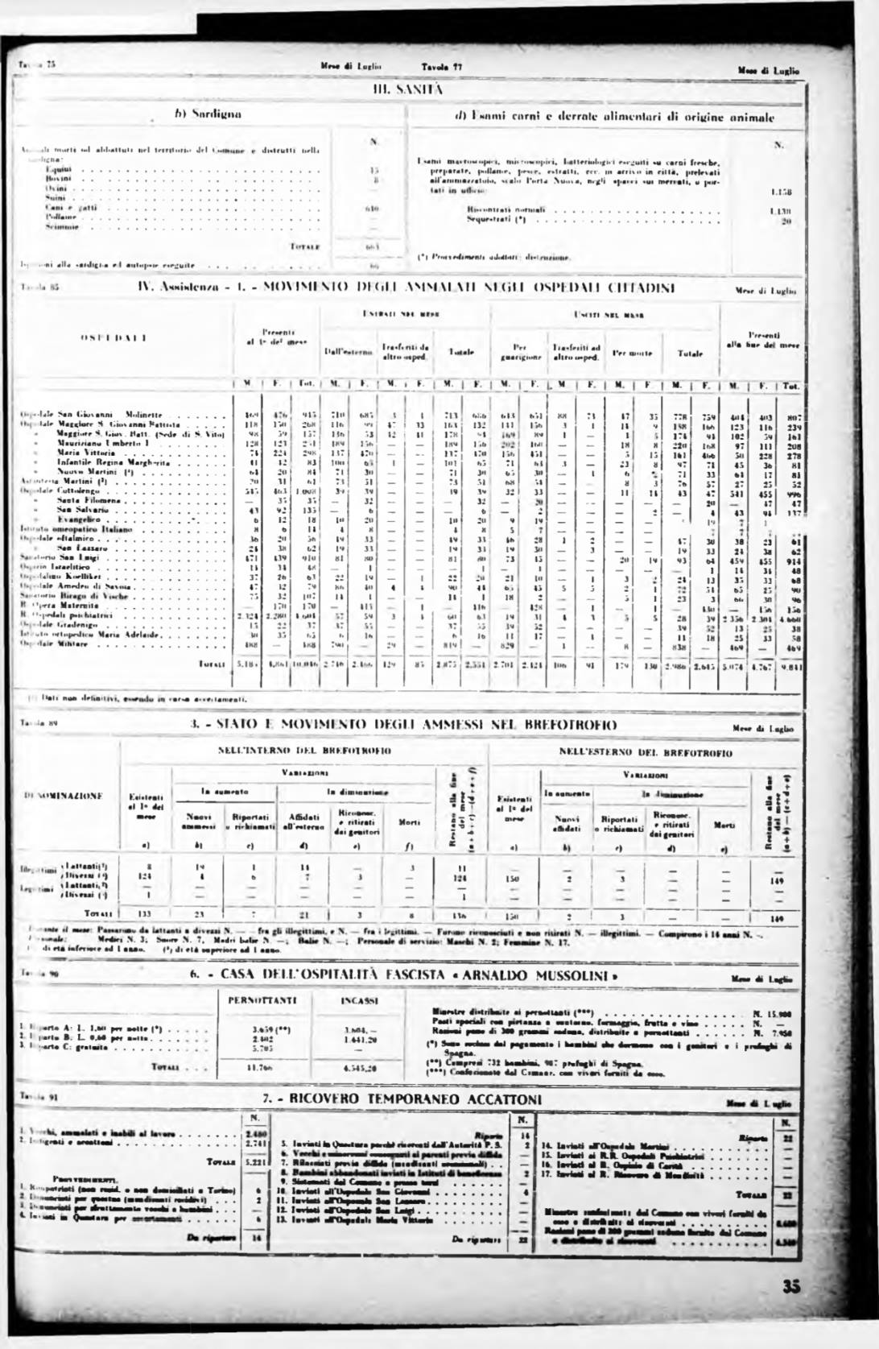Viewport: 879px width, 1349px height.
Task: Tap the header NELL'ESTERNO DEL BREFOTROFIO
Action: point(646,753)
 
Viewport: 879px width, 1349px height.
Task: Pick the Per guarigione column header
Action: point(514,352)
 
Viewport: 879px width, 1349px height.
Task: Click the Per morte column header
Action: point(629,353)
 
